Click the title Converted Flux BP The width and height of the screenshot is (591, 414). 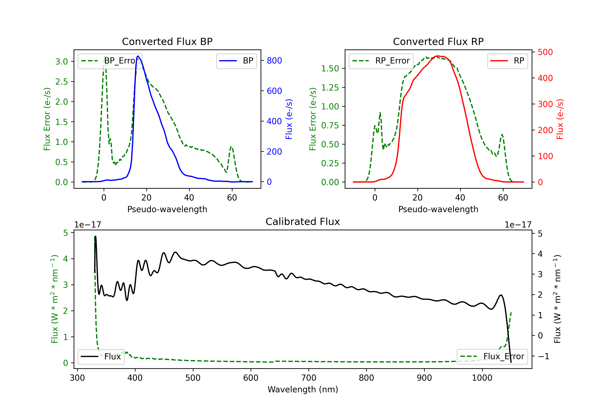click(x=167, y=41)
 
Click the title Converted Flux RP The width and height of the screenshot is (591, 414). click(x=438, y=41)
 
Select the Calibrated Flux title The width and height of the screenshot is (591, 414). click(x=303, y=222)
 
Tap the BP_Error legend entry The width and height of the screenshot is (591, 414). click(x=110, y=61)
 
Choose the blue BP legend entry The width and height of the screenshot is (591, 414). click(x=236, y=61)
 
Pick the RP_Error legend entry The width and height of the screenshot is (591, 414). click(x=381, y=61)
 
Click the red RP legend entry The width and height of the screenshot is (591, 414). click(x=507, y=61)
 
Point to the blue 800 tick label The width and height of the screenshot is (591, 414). click(x=274, y=61)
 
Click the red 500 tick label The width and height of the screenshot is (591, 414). click(x=545, y=52)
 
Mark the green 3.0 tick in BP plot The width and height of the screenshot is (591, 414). click(x=62, y=62)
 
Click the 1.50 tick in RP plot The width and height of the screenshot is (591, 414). click(x=330, y=69)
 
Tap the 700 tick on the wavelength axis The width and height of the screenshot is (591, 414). click(x=309, y=378)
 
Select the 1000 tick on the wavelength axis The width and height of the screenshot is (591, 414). click(x=482, y=378)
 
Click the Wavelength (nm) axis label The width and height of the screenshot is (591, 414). click(x=303, y=390)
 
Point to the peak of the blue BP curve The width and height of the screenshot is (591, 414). click(x=138, y=56)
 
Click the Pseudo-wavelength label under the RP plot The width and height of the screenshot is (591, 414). click(x=438, y=209)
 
